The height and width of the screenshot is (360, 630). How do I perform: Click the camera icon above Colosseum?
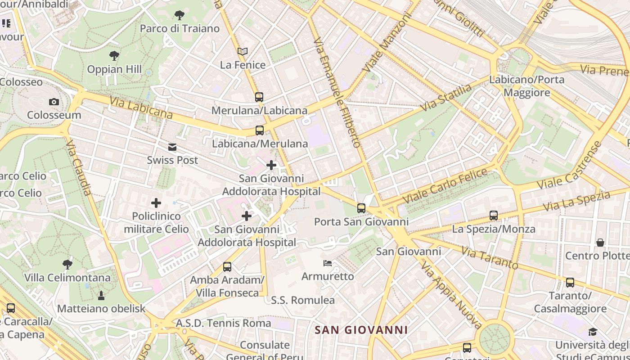coord(54,102)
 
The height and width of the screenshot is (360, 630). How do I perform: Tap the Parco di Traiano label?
coord(180,29)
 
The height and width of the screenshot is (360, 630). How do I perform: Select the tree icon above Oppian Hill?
coord(114,56)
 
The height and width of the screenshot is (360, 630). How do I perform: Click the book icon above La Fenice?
coord(243,51)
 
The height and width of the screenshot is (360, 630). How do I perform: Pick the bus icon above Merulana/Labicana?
coord(259,97)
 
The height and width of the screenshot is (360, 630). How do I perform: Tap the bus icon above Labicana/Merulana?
coord(259,130)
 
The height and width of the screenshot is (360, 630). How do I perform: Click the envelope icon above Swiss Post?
coord(172,147)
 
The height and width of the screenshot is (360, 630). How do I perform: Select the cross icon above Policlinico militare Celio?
coord(156,203)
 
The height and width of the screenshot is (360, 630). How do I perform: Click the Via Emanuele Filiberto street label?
coord(338,93)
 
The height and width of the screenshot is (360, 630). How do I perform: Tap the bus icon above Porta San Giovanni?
coord(361,208)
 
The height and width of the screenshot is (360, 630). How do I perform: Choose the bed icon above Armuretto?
coord(328,263)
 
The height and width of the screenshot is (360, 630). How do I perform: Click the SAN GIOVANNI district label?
coord(361,330)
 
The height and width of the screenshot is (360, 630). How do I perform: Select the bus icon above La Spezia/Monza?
coord(494,216)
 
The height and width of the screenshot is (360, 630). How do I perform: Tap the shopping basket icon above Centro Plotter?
coord(600,243)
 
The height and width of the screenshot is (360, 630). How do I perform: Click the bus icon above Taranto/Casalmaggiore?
coord(570,283)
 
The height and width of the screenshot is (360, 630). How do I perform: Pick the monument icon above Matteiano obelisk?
coord(101,296)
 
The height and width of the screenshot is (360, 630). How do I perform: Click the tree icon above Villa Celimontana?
coord(67,264)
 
